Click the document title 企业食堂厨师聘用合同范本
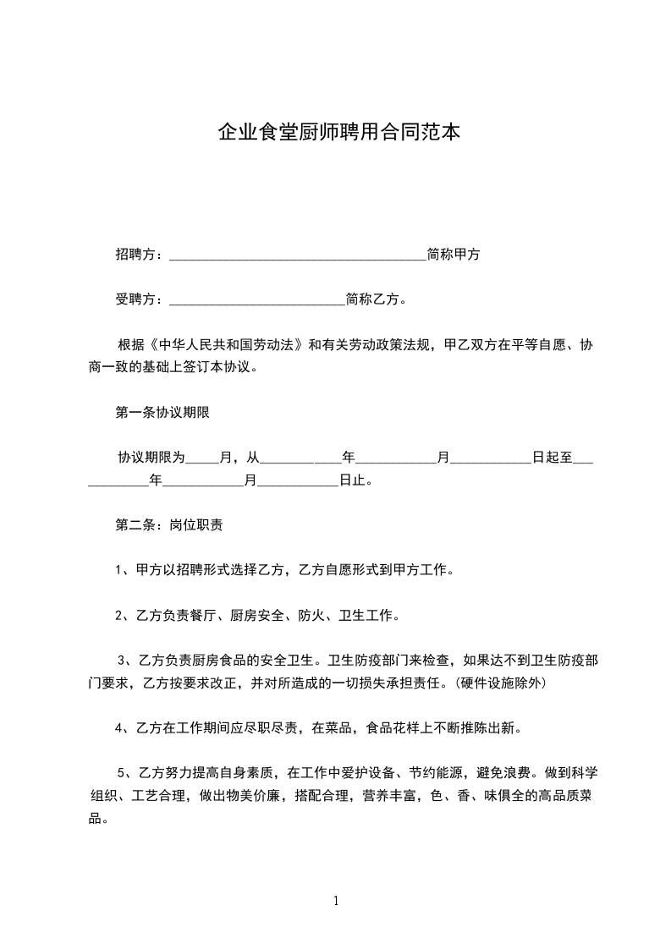click(x=339, y=133)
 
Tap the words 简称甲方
click(x=454, y=254)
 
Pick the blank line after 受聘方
click(x=257, y=300)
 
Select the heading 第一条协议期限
click(x=162, y=413)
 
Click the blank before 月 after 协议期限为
click(x=201, y=460)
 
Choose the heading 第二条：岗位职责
click(x=169, y=524)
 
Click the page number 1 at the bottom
click(x=336, y=901)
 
